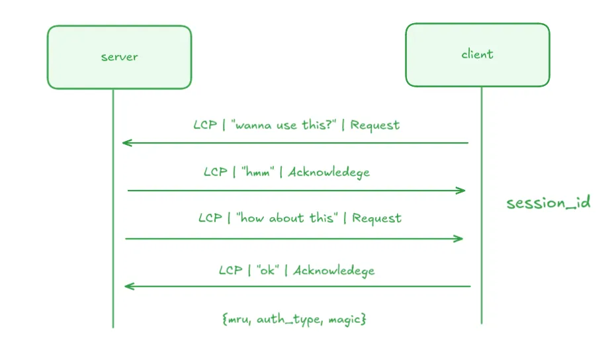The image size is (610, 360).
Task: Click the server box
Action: tap(119, 57)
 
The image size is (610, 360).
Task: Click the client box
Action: tap(477, 55)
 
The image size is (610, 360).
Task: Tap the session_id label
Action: tap(548, 203)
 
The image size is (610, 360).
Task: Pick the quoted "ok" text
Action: tap(268, 270)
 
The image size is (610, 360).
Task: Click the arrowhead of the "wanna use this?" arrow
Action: tap(126, 142)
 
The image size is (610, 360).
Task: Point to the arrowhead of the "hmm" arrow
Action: tap(462, 191)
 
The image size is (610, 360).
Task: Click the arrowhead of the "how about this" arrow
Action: tap(460, 238)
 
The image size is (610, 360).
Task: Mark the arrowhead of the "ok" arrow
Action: tap(128, 286)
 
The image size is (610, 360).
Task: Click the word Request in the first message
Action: tap(375, 125)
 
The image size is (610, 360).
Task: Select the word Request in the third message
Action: tap(376, 218)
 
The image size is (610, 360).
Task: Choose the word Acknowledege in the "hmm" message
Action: tap(329, 172)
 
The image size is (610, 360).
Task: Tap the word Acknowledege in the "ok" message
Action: tap(334, 270)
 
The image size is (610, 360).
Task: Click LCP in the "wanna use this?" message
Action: tap(205, 125)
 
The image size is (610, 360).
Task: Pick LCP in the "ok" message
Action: tap(231, 270)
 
